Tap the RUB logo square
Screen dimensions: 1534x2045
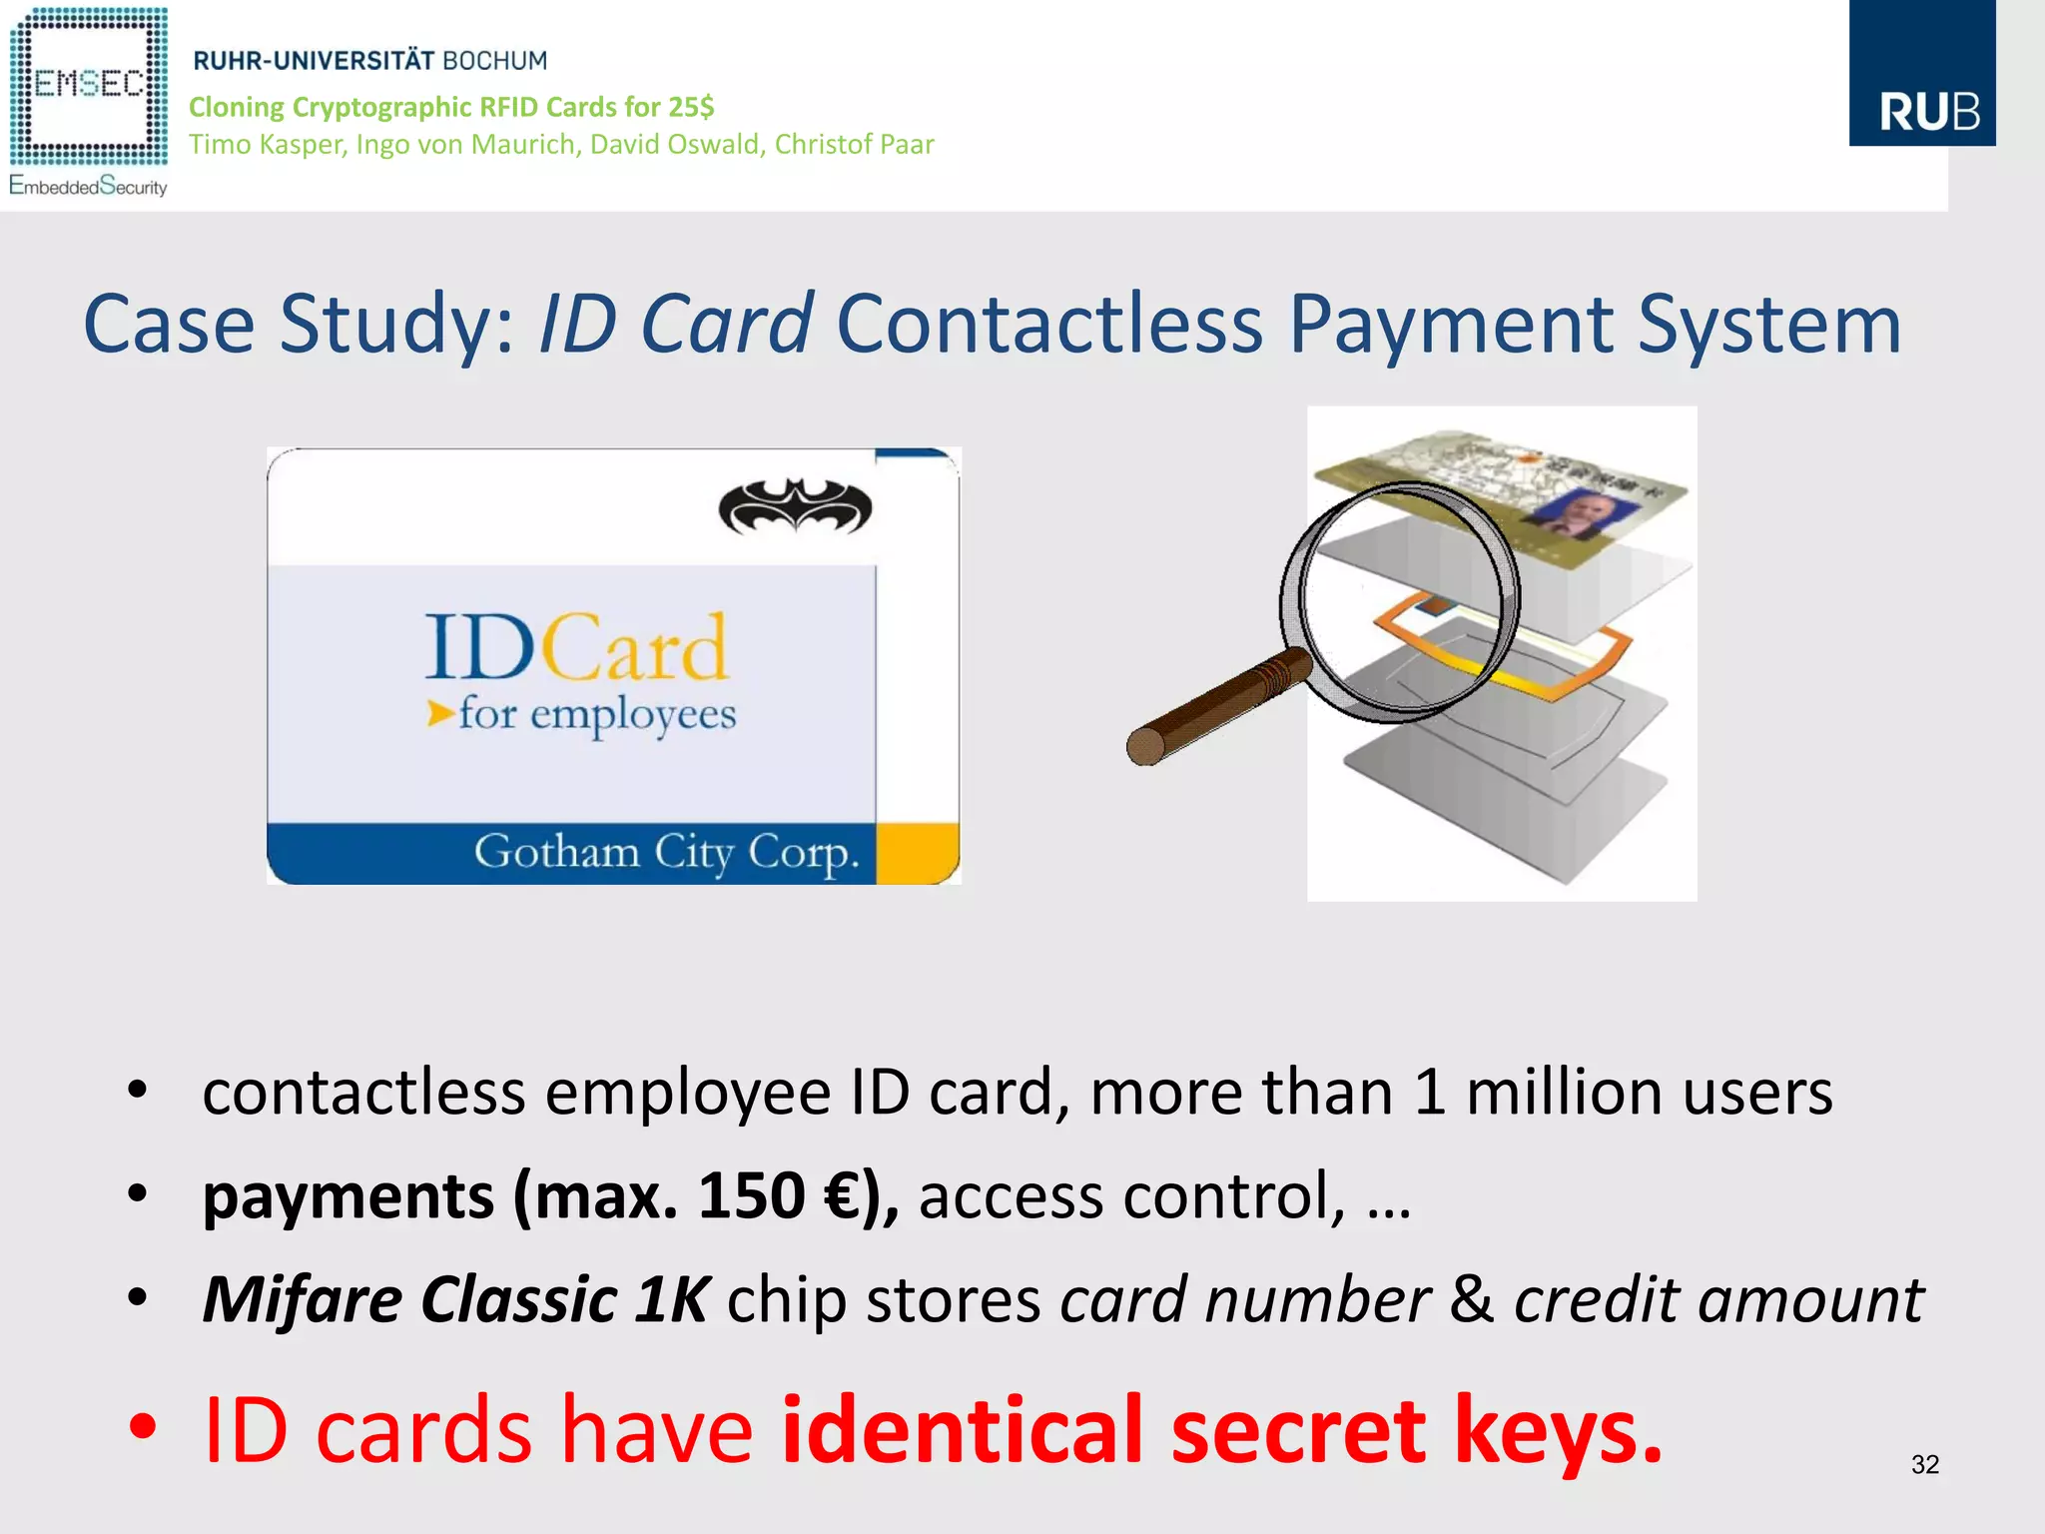[x=1922, y=74]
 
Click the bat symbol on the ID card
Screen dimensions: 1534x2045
[x=795, y=507]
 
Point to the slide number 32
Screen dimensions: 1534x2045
[x=1924, y=1464]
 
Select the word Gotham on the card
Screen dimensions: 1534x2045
[x=556, y=852]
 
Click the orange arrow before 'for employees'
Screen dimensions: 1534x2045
[x=439, y=713]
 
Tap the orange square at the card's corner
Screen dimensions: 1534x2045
[x=917, y=853]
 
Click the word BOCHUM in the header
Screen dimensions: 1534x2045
[x=495, y=61]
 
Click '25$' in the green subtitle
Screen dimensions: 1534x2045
[x=692, y=107]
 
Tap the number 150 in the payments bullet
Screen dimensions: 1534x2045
[x=751, y=1196]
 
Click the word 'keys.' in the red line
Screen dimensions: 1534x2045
[x=1558, y=1430]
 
